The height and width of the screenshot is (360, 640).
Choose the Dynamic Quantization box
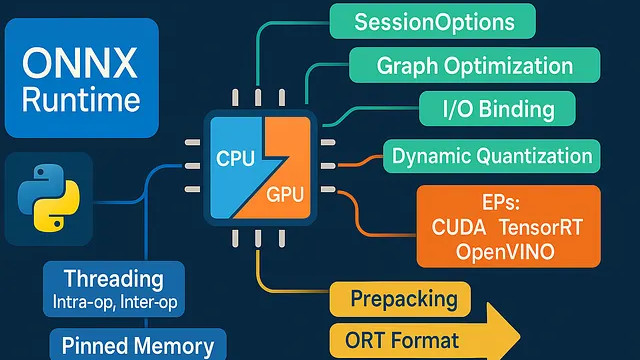(x=491, y=156)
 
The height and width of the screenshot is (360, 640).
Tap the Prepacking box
(x=402, y=299)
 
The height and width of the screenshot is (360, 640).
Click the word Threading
(x=113, y=279)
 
